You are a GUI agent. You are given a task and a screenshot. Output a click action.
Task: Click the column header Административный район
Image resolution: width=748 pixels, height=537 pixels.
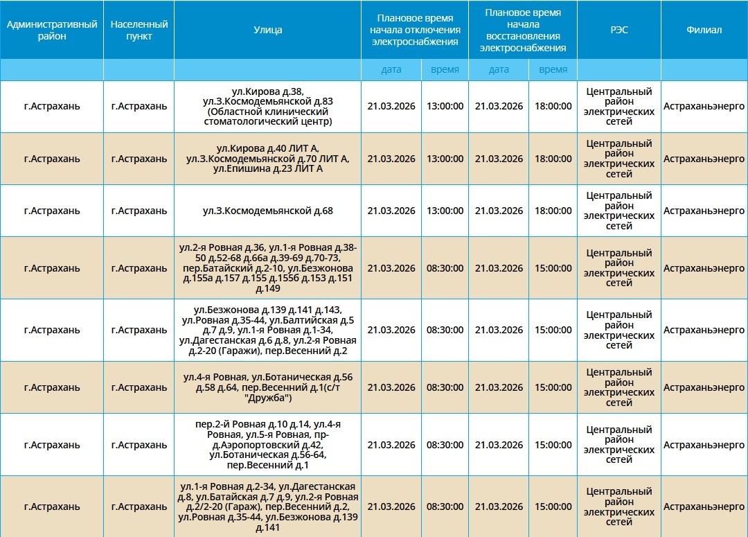(52, 30)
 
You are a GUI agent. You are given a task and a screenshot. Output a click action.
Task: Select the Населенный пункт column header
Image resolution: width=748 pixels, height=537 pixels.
(139, 30)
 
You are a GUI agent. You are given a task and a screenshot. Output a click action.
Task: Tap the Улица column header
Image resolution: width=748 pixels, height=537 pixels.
(268, 30)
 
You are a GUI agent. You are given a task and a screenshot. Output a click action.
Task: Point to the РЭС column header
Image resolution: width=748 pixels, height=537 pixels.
(619, 30)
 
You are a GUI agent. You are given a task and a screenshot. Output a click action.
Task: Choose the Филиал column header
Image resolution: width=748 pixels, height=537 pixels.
(704, 30)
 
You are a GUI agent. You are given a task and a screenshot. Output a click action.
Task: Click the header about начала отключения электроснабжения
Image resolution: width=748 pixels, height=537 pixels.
(415, 30)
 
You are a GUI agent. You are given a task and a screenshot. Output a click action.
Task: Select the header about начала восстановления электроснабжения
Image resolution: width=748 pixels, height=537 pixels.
(523, 30)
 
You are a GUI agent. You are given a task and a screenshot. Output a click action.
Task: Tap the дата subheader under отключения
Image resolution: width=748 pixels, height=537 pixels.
(391, 69)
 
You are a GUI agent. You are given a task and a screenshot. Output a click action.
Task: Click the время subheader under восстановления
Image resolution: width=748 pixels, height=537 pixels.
(553, 69)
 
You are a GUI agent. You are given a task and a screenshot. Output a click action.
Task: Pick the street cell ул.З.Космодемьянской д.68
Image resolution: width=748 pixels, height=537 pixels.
(268, 211)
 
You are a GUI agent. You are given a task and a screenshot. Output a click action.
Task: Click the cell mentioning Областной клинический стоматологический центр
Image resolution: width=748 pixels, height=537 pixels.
(268, 107)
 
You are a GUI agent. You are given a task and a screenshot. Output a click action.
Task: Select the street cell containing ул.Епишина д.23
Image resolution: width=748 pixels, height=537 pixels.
(268, 159)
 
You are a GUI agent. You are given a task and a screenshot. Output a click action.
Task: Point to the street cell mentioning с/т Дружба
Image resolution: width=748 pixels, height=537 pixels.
(268, 387)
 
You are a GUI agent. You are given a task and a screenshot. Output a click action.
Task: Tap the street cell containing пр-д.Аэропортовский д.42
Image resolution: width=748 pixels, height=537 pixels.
(268, 445)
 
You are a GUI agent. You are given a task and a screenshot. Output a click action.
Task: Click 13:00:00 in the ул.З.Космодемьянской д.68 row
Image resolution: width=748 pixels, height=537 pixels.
(445, 211)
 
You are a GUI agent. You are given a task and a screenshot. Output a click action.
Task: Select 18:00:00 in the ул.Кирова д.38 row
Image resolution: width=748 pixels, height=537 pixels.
(553, 107)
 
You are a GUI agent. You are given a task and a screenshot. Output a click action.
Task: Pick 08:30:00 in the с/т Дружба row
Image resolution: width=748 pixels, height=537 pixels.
(445, 387)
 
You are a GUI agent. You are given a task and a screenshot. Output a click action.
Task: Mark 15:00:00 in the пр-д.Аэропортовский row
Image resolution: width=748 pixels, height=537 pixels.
(553, 445)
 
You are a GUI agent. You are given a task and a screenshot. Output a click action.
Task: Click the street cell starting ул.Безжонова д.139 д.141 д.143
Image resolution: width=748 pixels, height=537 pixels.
(268, 330)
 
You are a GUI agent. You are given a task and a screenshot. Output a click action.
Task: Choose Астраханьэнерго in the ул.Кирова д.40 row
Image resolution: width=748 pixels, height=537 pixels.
(704, 159)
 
